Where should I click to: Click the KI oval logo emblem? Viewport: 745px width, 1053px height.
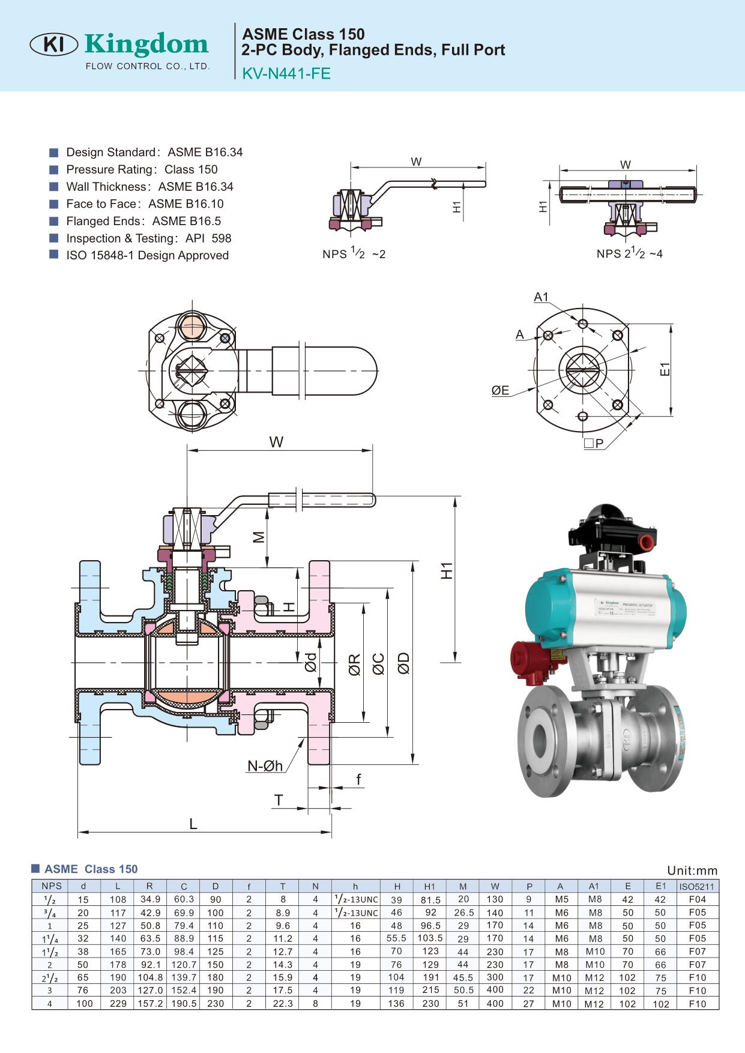pyautogui.click(x=53, y=44)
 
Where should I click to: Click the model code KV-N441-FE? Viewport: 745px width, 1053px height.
pyautogui.click(x=286, y=73)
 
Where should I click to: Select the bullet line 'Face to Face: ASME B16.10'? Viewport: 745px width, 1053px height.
pyautogui.click(x=145, y=204)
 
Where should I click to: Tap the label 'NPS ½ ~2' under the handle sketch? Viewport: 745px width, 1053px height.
pyautogui.click(x=354, y=254)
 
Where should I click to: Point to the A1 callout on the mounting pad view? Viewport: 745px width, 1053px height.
pyautogui.click(x=541, y=297)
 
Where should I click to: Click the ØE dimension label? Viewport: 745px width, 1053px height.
pyautogui.click(x=500, y=391)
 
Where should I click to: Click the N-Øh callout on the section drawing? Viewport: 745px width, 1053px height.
pyautogui.click(x=265, y=765)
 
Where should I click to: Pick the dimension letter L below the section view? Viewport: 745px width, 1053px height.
pyautogui.click(x=193, y=824)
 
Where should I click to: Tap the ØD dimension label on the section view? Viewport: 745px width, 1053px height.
pyautogui.click(x=403, y=663)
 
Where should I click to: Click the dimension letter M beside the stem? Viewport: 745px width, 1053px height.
pyautogui.click(x=259, y=537)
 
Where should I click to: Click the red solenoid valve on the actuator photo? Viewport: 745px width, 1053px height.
pyautogui.click(x=529, y=662)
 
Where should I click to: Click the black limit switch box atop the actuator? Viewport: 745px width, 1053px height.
pyautogui.click(x=612, y=529)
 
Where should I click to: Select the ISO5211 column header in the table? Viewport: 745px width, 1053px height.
pyautogui.click(x=697, y=886)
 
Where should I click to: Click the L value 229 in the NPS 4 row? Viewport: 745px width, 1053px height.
pyautogui.click(x=118, y=1003)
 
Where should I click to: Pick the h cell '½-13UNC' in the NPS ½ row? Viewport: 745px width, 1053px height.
pyautogui.click(x=355, y=899)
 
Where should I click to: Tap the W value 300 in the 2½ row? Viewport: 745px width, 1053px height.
pyautogui.click(x=495, y=977)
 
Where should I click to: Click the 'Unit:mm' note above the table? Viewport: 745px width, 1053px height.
pyautogui.click(x=692, y=870)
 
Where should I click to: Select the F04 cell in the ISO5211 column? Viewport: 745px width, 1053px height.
pyautogui.click(x=697, y=899)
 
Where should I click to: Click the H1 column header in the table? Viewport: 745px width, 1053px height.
pyautogui.click(x=429, y=886)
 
